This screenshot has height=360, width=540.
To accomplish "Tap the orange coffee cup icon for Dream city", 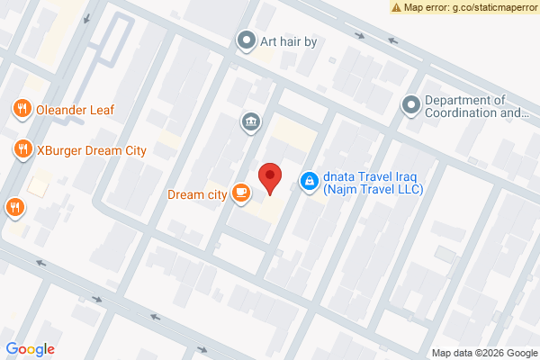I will (240, 192).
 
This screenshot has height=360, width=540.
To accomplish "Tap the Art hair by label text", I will (289, 40).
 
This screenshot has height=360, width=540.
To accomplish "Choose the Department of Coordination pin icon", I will (411, 106).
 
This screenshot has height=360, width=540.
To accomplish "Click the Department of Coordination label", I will (476, 106).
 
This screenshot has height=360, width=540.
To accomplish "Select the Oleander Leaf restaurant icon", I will (21, 109).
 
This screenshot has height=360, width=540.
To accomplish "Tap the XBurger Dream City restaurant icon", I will (21, 149).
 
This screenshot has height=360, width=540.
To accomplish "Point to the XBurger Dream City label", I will (91, 150).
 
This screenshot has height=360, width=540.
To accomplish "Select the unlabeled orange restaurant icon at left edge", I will (13, 207).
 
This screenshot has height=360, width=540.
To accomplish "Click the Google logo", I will (30, 349).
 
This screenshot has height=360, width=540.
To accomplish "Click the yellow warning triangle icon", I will (397, 6).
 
